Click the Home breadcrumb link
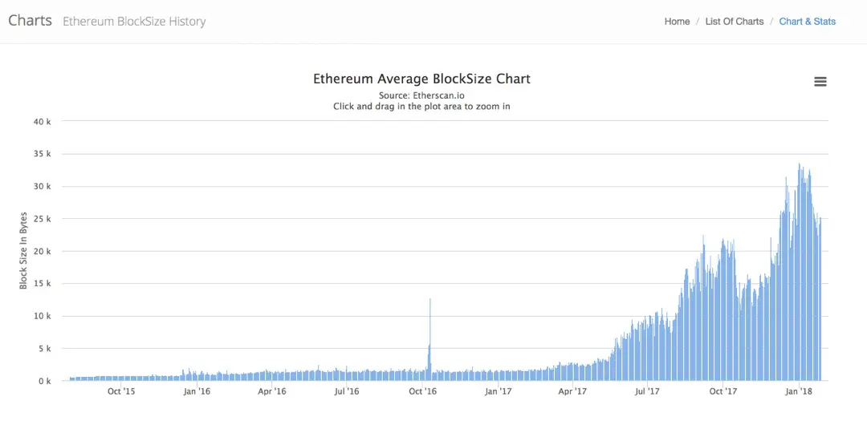pos(677,22)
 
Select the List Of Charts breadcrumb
pos(734,22)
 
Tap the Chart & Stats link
pos(807,22)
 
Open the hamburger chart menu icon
pos(820,82)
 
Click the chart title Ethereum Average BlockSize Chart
pos(421,79)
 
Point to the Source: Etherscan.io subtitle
pos(421,95)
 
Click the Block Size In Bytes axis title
pos(24,250)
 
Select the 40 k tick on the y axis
pos(43,122)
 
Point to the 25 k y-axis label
pos(43,219)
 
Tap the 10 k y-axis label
pos(43,316)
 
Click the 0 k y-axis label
pos(45,381)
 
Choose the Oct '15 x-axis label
pos(121,391)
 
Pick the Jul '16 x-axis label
pos(347,391)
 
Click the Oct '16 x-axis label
pos(422,391)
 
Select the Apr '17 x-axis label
pos(572,391)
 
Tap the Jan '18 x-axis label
pos(799,391)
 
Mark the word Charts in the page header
pos(30,21)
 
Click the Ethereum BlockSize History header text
pos(134,22)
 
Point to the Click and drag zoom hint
pos(421,106)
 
